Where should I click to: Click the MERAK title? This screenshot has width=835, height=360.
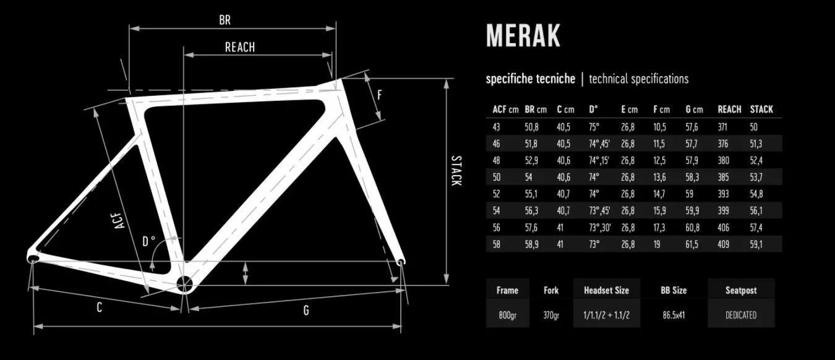pyautogui.click(x=523, y=36)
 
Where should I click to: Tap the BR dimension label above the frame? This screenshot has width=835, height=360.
pyautogui.click(x=225, y=20)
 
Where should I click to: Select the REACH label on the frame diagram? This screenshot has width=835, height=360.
pyautogui.click(x=240, y=48)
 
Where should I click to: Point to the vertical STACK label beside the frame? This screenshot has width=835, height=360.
pyautogui.click(x=456, y=171)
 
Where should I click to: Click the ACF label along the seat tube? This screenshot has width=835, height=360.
pyautogui.click(x=119, y=221)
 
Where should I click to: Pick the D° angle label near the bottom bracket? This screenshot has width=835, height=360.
pyautogui.click(x=148, y=241)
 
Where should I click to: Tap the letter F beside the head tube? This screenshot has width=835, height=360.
pyautogui.click(x=380, y=95)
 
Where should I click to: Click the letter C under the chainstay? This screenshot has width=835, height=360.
pyautogui.click(x=99, y=307)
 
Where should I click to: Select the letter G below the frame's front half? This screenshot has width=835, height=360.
pyautogui.click(x=306, y=310)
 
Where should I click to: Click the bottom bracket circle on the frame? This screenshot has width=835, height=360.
pyautogui.click(x=184, y=285)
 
